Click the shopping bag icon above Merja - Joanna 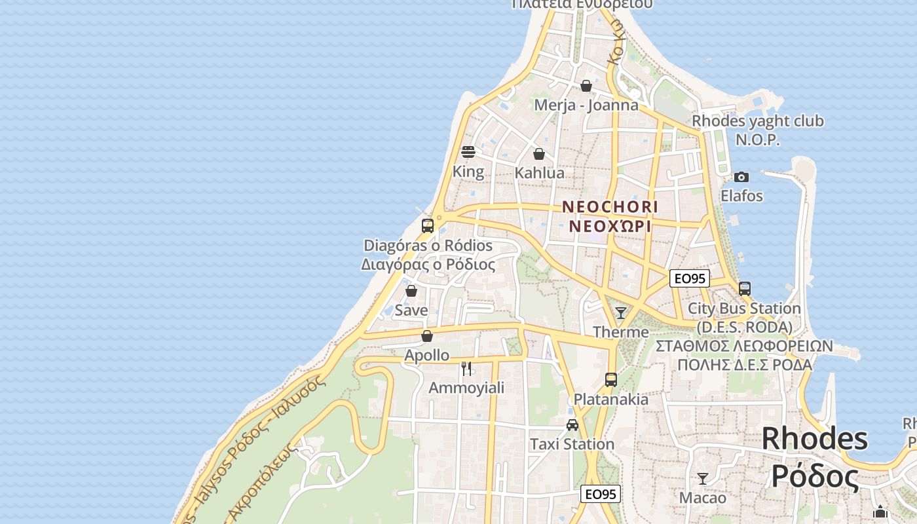pyautogui.click(x=586, y=86)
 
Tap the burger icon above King pyautogui.click(x=468, y=152)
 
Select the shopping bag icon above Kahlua pyautogui.click(x=539, y=154)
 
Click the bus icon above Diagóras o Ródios pyautogui.click(x=428, y=226)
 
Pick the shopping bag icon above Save pyautogui.click(x=411, y=291)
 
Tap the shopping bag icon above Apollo pyautogui.click(x=427, y=336)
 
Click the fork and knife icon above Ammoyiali pyautogui.click(x=466, y=369)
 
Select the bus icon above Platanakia pyautogui.click(x=611, y=380)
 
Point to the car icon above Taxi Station pyautogui.click(x=572, y=425)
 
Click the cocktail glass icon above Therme pyautogui.click(x=621, y=313)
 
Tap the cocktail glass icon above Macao pyautogui.click(x=703, y=479)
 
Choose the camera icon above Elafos pyautogui.click(x=741, y=177)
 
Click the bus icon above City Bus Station pyautogui.click(x=745, y=288)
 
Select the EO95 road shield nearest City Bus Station pyautogui.click(x=690, y=278)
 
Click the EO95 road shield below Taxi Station pyautogui.click(x=601, y=494)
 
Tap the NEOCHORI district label pyautogui.click(x=610, y=206)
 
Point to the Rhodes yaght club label pyautogui.click(x=758, y=121)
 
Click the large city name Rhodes pyautogui.click(x=815, y=438)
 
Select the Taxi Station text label pyautogui.click(x=572, y=444)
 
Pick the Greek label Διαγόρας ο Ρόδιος pyautogui.click(x=428, y=265)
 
